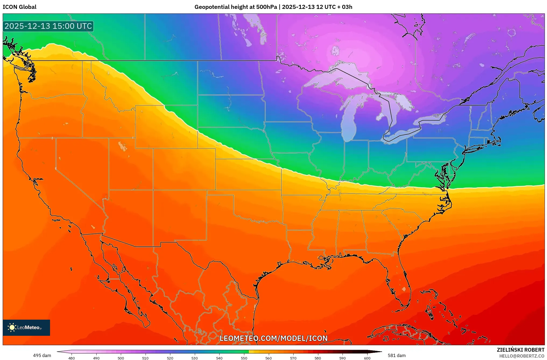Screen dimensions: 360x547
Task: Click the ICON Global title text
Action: click(x=19, y=7)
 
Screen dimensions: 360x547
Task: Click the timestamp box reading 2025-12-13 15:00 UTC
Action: click(x=48, y=26)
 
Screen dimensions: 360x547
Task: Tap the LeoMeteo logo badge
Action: click(x=26, y=327)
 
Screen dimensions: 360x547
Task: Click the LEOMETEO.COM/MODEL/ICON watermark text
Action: click(x=273, y=338)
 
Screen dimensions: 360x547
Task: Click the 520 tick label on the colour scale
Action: click(x=170, y=358)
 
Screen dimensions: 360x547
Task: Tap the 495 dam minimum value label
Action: click(x=42, y=355)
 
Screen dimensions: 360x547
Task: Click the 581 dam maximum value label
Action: click(x=397, y=355)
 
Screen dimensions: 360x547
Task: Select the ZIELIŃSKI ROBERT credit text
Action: click(x=520, y=350)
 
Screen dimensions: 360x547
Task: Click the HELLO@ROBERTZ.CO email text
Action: click(x=522, y=356)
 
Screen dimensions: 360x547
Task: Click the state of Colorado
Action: click(x=184, y=169)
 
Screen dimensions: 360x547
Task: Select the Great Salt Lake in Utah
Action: click(x=123, y=146)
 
